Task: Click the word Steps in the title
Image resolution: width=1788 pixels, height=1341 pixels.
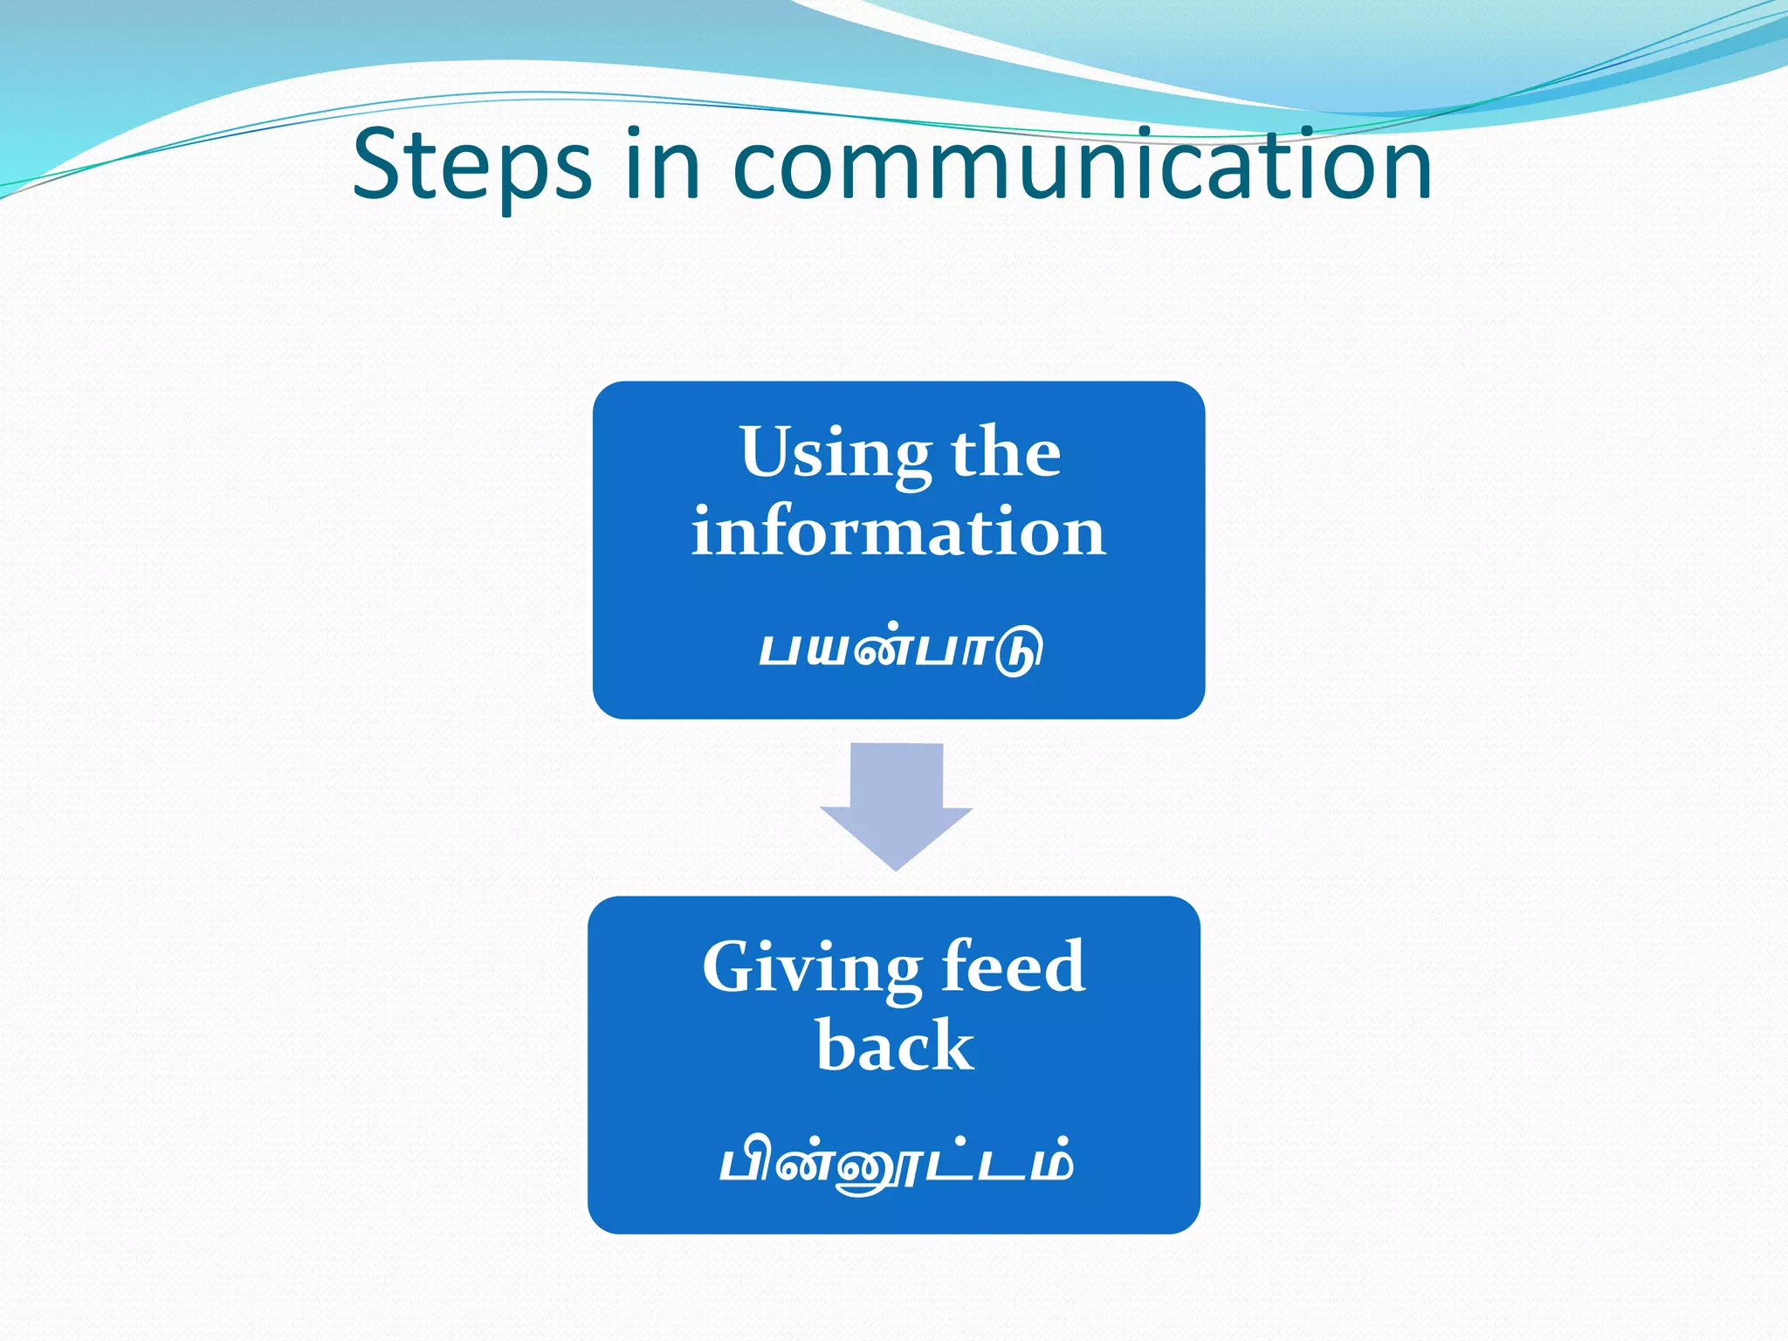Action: pos(471,166)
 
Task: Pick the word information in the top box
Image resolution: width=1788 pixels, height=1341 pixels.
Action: pos(898,532)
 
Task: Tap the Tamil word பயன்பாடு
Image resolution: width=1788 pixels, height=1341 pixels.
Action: pos(900,649)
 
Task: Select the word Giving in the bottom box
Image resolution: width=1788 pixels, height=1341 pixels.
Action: pos(811,969)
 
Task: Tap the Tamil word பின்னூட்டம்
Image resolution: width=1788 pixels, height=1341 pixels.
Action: pos(895,1163)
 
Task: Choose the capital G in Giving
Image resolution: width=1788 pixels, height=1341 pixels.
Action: pos(733,967)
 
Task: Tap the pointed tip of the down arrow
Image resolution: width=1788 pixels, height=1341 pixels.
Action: pos(897,867)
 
